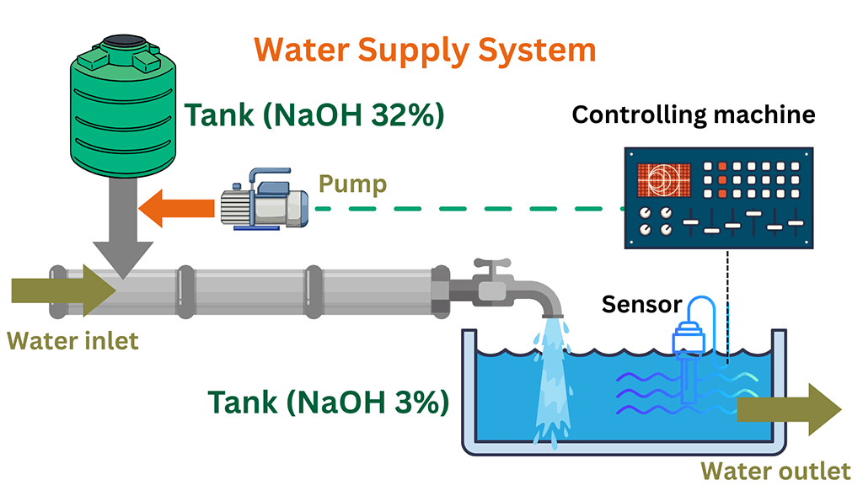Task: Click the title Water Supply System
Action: [x=425, y=50]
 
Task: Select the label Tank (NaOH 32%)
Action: [x=314, y=115]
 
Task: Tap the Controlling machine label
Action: [x=693, y=114]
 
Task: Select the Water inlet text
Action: [x=72, y=341]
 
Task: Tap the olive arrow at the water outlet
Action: [x=788, y=409]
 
